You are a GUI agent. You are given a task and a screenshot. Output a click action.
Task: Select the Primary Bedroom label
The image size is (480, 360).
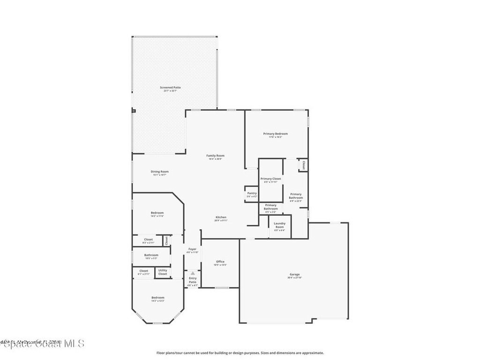tap(275, 135)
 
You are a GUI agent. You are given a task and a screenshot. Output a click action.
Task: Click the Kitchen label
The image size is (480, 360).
tap(221, 218)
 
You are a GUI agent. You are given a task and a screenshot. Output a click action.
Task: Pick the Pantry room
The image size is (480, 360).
tap(252, 195)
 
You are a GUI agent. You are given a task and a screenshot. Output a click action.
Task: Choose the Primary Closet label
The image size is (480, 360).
tap(270, 180)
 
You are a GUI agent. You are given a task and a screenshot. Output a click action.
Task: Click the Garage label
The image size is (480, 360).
tap(294, 276)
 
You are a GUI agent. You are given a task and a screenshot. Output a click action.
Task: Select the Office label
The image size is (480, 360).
tap(220, 263)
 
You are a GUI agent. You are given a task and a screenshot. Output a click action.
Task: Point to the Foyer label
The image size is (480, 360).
tap(192, 250)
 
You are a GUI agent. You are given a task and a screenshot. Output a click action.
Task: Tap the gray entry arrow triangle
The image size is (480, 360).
tap(193, 273)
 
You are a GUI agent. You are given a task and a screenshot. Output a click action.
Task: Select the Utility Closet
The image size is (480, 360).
tap(162, 272)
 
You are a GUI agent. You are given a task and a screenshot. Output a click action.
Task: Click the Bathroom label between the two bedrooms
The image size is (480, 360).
tap(151, 256)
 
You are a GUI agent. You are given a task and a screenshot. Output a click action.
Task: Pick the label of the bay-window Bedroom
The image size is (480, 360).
tap(157, 299)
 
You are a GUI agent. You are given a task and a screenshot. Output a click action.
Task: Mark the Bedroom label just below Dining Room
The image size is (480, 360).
tap(157, 214)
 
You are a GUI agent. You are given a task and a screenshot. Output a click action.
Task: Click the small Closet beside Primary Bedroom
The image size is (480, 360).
tap(303, 165)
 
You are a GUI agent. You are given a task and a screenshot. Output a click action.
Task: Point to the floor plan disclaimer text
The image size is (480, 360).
tap(240, 353)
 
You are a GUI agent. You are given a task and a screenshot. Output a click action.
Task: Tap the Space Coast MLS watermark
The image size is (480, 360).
tap(42, 344)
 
